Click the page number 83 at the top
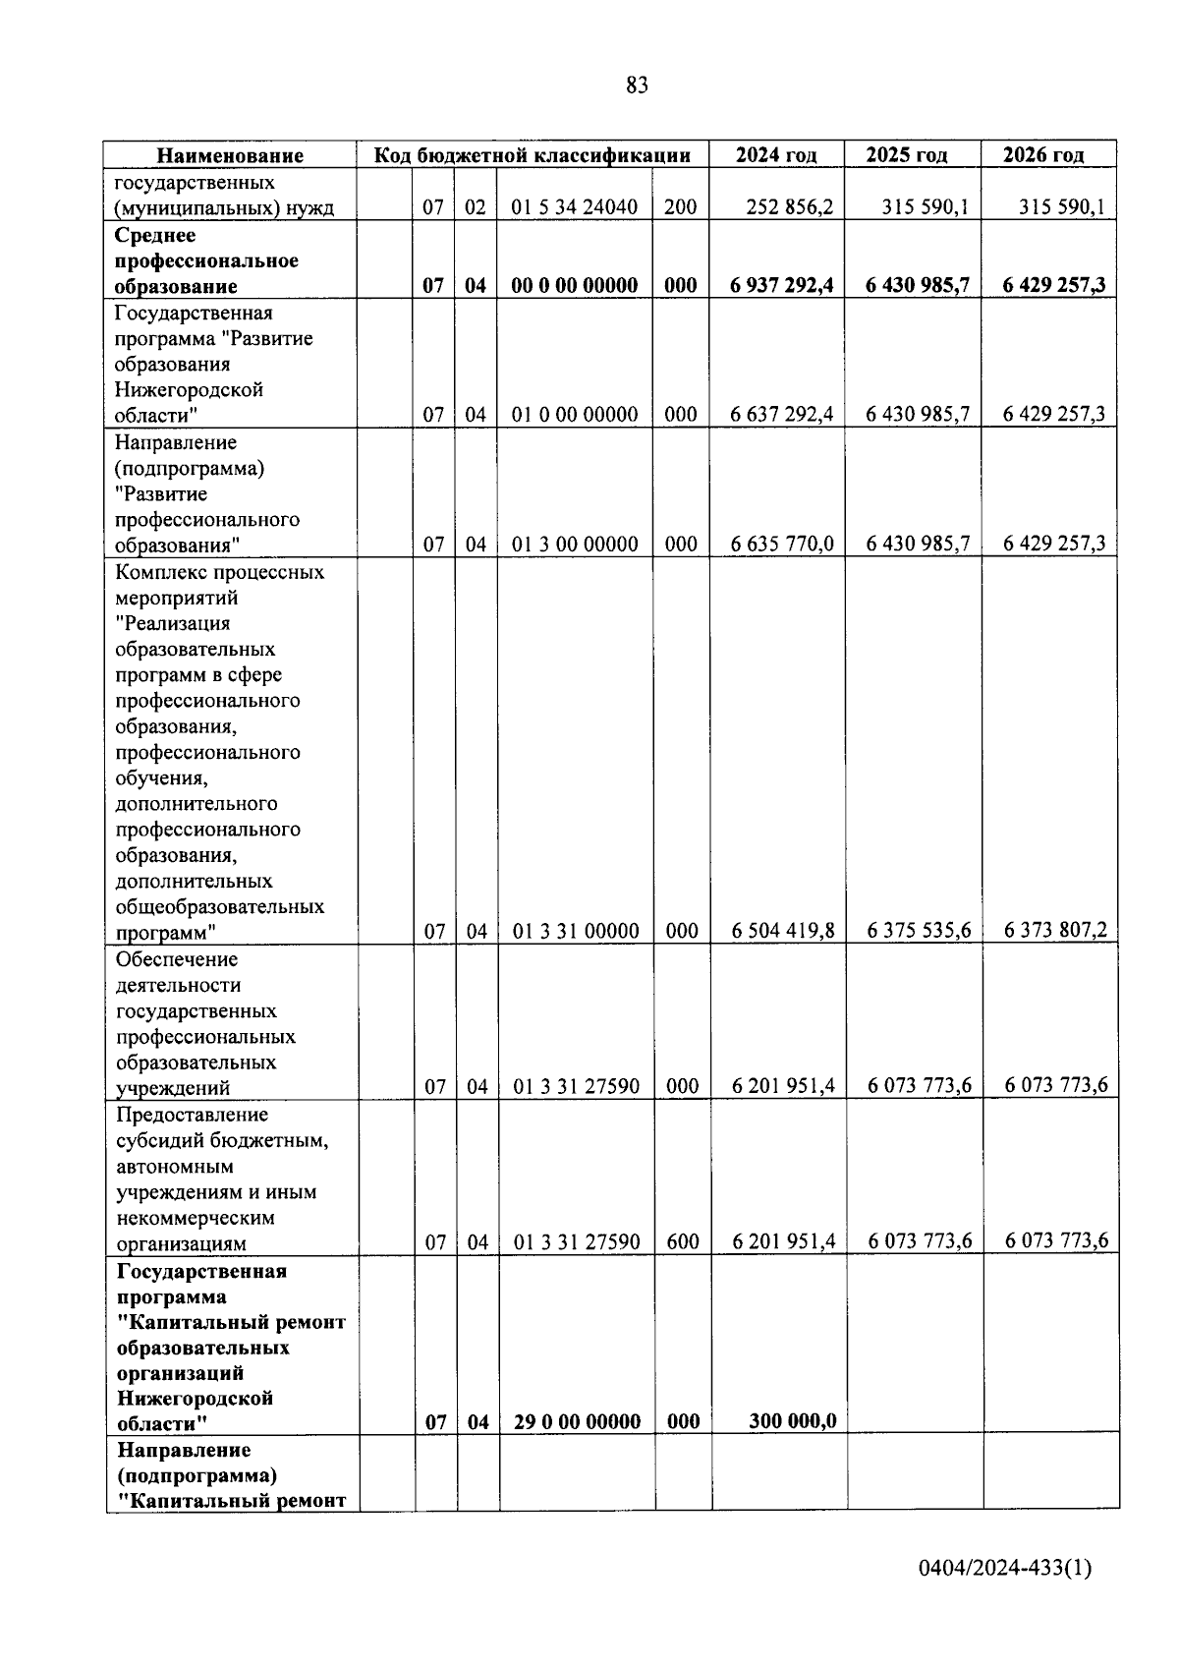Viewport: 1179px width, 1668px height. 637,86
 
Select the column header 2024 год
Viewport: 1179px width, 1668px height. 776,155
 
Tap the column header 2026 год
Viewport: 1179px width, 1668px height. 1043,155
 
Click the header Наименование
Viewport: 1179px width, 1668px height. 231,155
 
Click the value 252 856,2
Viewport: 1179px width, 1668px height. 789,207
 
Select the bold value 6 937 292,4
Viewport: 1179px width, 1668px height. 782,286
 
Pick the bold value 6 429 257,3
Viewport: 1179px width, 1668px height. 1053,286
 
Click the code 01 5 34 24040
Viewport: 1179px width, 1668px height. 575,207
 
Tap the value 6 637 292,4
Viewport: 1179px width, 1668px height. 782,415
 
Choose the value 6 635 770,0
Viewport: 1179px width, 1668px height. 782,545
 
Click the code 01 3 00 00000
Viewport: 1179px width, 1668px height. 575,545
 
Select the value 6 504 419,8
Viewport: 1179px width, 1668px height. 783,931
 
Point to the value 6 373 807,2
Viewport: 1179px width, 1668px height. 1055,930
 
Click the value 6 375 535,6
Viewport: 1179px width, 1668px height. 920,931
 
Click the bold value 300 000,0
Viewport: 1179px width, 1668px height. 792,1421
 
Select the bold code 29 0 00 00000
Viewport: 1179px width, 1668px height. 577,1422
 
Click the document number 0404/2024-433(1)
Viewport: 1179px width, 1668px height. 1005,1569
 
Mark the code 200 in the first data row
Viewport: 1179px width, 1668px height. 680,207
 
